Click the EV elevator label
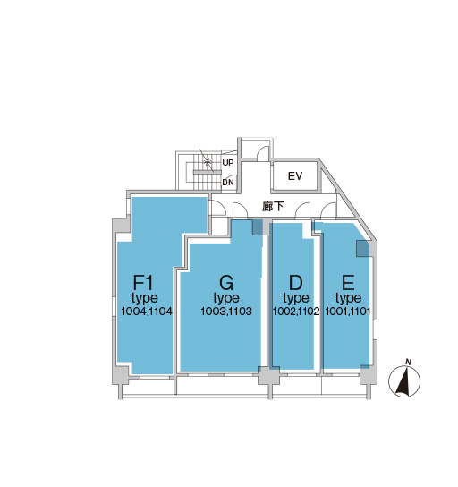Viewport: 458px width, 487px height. [x=295, y=176]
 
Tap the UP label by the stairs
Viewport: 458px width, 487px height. [x=228, y=163]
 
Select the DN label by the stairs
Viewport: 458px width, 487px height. [x=228, y=183]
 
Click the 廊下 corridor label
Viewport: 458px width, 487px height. [x=273, y=206]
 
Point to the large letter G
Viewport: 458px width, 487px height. [x=226, y=283]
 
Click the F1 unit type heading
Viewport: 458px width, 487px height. [x=143, y=283]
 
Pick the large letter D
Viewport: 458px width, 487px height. [x=295, y=283]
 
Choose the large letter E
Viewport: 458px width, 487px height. [x=348, y=283]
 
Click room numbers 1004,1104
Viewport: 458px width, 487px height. [x=147, y=312]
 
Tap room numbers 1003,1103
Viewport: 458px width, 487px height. [x=226, y=312]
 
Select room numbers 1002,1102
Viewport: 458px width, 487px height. [x=296, y=312]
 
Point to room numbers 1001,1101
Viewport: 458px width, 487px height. [x=348, y=312]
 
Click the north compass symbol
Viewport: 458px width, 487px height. [x=404, y=381]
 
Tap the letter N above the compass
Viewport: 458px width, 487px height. [x=408, y=363]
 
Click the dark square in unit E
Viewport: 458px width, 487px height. [x=363, y=249]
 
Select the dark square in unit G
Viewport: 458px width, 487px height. [x=258, y=227]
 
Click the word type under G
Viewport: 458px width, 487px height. [x=226, y=298]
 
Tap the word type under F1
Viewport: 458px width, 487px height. [x=145, y=298]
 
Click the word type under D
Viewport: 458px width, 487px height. [x=296, y=298]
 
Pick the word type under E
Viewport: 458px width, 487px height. [x=348, y=298]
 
